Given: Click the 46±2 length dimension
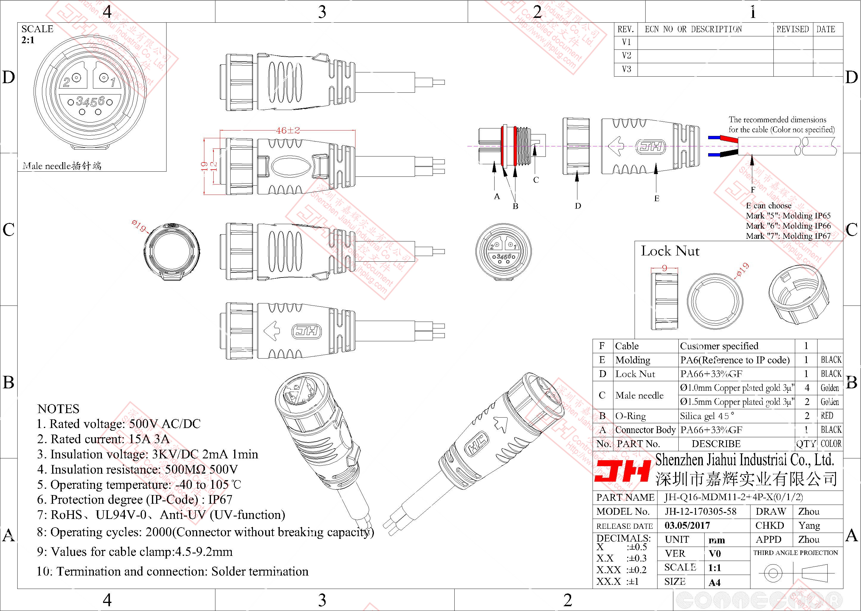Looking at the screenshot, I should click(287, 131).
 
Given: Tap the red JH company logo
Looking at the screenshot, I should click(622, 472).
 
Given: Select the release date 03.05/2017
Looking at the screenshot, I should click(687, 525).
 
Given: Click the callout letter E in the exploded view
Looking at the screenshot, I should click(656, 198).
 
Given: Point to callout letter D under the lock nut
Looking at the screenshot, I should click(578, 206).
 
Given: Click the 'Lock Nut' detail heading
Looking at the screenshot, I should click(670, 251).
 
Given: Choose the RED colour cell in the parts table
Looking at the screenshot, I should click(827, 416).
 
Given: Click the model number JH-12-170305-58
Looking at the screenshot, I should click(700, 511).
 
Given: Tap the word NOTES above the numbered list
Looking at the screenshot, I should click(58, 409).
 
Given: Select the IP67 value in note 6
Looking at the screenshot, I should click(220, 499).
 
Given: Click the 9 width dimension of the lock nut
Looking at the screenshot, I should click(664, 268).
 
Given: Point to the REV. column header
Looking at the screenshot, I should click(626, 29).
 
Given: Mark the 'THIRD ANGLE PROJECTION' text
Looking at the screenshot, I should click(795, 553).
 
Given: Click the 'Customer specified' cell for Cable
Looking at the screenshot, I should click(719, 346).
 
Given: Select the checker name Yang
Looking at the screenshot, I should click(809, 525).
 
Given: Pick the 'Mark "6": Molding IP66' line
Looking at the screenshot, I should click(788, 226).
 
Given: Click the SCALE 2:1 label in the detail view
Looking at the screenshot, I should click(37, 34).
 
